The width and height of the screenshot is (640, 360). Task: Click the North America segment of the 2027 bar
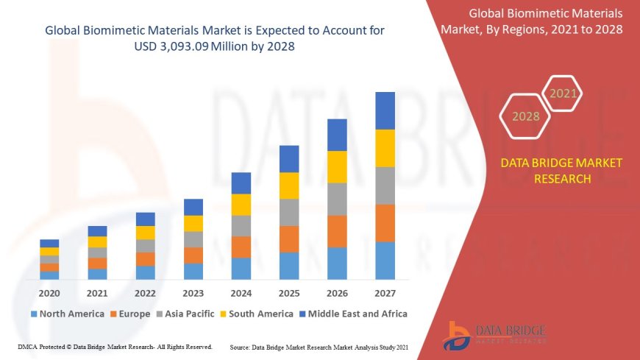(385, 261)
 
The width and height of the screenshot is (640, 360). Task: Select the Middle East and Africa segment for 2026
(337, 135)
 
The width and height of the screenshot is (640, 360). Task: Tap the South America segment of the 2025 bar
(289, 186)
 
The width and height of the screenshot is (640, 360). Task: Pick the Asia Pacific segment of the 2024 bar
(241, 226)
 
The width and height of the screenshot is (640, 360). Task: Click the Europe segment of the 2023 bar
(193, 255)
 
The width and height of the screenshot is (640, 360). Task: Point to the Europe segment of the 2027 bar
(385, 223)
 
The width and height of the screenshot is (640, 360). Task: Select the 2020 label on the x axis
(49, 292)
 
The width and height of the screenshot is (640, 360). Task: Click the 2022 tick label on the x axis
(146, 292)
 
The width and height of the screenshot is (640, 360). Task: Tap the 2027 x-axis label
(385, 292)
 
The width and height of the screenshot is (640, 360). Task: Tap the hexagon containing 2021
(563, 93)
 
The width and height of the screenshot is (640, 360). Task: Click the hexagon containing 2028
(525, 116)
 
